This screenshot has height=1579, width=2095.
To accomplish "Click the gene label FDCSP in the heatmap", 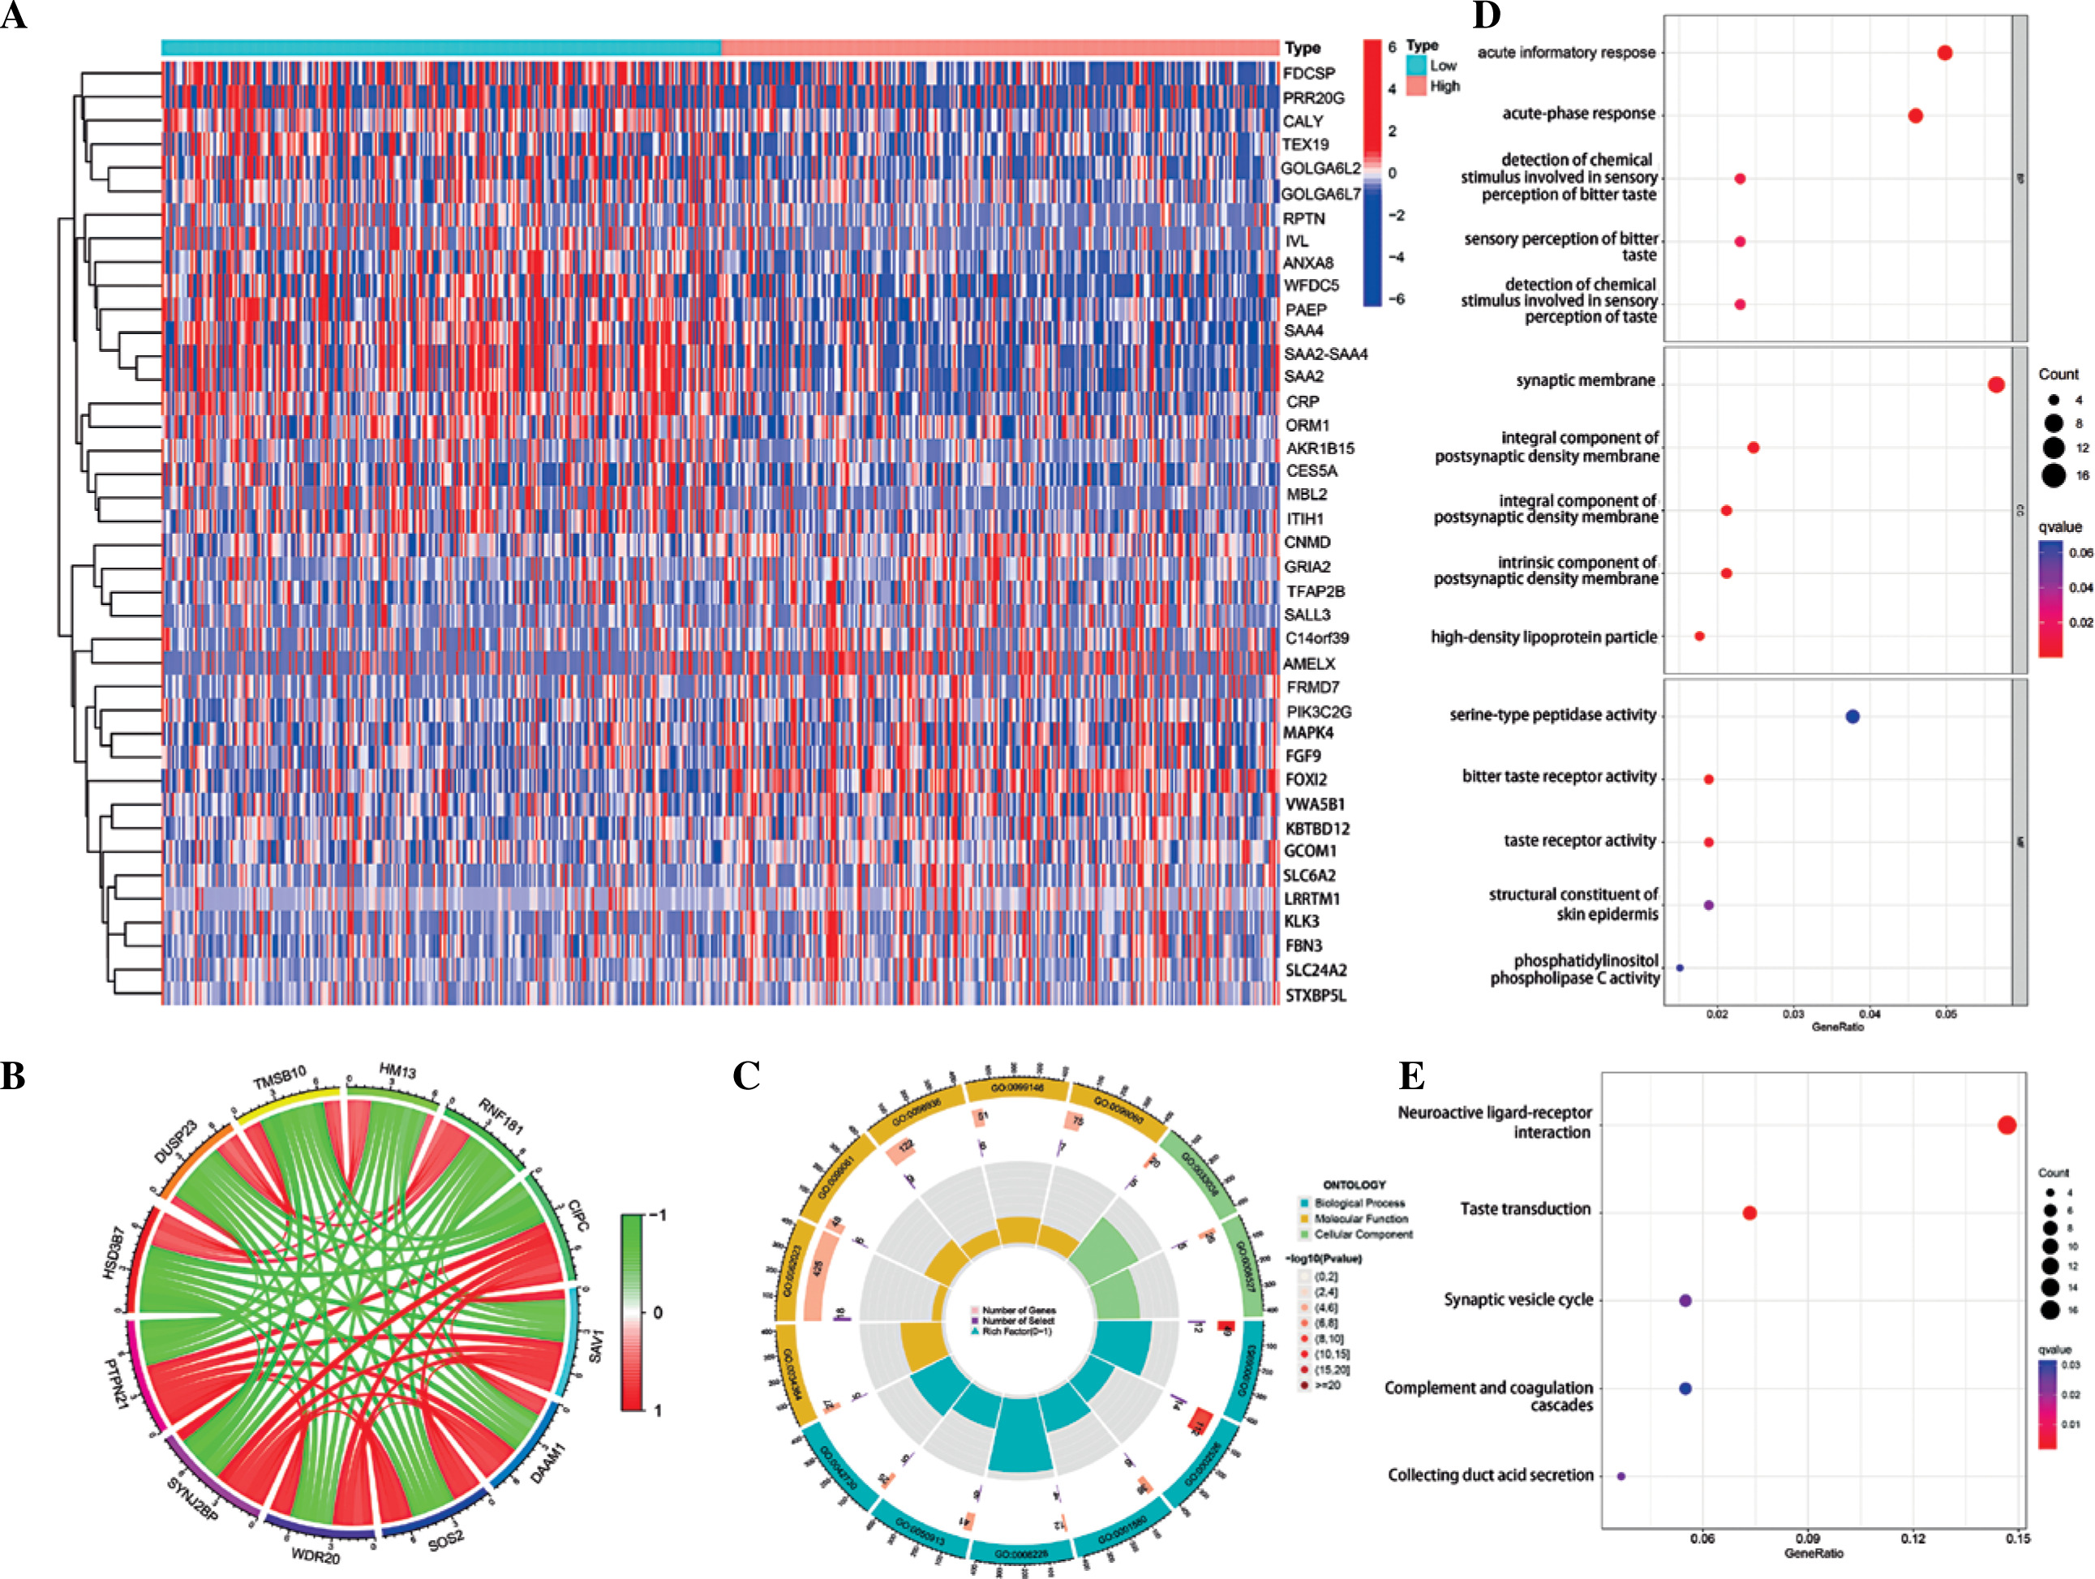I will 1309,73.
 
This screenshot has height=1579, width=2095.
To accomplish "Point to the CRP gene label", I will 1303,401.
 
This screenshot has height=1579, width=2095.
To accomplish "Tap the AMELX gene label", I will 1309,664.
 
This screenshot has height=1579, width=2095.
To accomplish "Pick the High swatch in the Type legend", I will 1416,86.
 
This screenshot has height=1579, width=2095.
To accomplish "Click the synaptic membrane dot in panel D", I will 1995,384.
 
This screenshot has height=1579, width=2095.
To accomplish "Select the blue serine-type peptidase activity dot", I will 1852,716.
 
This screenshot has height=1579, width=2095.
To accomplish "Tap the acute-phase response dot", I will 1915,115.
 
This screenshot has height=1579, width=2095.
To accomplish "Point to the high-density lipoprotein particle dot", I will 1699,637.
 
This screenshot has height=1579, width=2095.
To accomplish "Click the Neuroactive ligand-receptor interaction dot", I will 2006,1126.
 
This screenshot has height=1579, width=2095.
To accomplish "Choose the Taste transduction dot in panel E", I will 1749,1213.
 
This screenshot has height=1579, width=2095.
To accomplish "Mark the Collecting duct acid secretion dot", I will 1621,1476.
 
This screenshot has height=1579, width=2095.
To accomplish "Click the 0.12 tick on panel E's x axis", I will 1913,1538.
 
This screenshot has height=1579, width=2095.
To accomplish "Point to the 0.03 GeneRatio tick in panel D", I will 1792,1014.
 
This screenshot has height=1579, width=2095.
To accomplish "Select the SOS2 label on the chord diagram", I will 446,1540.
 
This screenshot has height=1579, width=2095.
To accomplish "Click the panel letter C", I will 746,1076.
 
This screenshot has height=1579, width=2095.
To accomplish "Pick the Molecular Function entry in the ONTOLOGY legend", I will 1361,1219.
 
